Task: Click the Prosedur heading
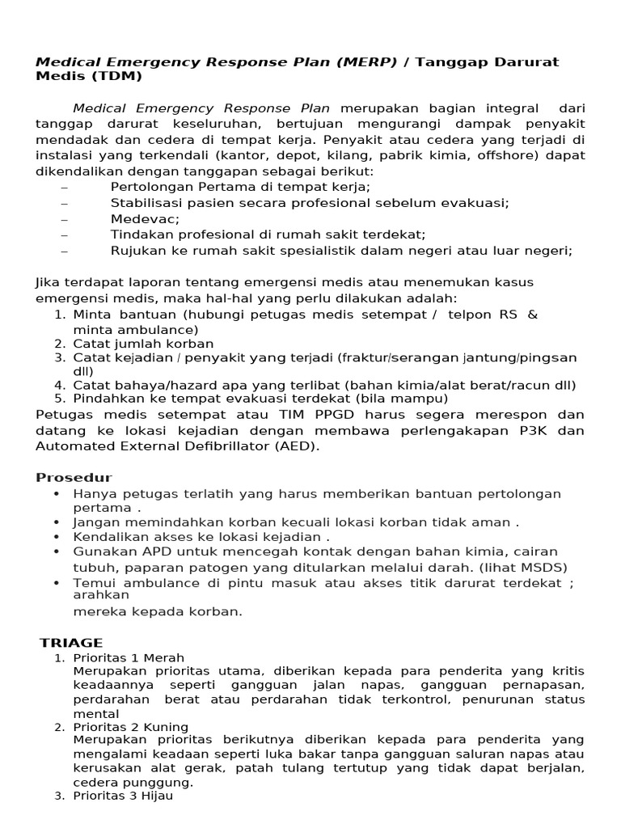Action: (74, 478)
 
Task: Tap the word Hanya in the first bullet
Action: (92, 493)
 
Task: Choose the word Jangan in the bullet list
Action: (95, 522)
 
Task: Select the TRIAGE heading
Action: (71, 643)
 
